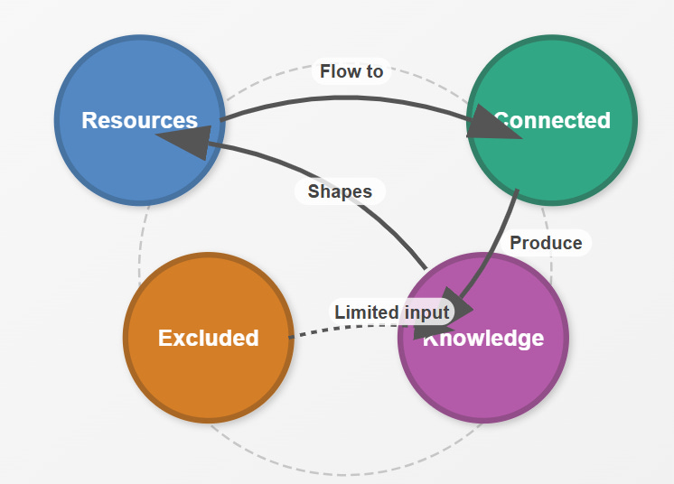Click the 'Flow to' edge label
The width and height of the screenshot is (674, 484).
(351, 71)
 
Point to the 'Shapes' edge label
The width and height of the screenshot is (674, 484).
(340, 191)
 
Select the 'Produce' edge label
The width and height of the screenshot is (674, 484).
(546, 243)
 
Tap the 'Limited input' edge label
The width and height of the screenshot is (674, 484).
(391, 312)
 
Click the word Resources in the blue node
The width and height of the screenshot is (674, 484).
(139, 120)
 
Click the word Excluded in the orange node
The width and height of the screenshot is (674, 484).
(208, 338)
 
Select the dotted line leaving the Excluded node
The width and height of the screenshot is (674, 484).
(312, 331)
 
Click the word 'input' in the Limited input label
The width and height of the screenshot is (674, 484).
(426, 312)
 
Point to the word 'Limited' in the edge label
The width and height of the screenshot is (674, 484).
(366, 312)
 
